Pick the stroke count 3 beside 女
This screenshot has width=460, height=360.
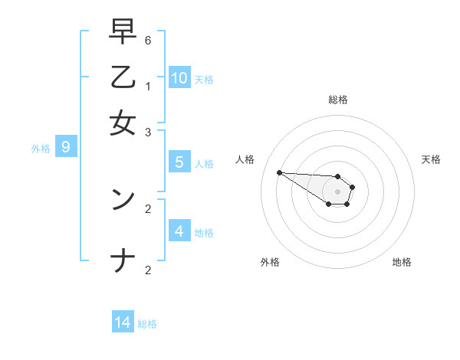coord(148,133)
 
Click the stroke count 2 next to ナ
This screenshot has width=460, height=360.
coord(148,270)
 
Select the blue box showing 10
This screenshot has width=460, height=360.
coord(179,77)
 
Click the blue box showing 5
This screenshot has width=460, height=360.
coord(179,162)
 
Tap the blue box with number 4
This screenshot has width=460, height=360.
coord(179,231)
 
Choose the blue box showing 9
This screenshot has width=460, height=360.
coord(65,147)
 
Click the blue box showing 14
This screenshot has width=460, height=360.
coord(123,322)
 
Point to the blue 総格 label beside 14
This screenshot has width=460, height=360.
coord(147,324)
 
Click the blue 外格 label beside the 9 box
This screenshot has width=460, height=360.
coord(41,149)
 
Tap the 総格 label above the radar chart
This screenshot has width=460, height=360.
coord(337,100)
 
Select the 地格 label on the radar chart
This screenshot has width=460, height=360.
coord(402,262)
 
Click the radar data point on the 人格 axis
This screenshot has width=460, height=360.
coord(279,172)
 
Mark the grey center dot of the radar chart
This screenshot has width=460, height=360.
coord(337,191)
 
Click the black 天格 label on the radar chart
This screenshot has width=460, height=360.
coord(431,159)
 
